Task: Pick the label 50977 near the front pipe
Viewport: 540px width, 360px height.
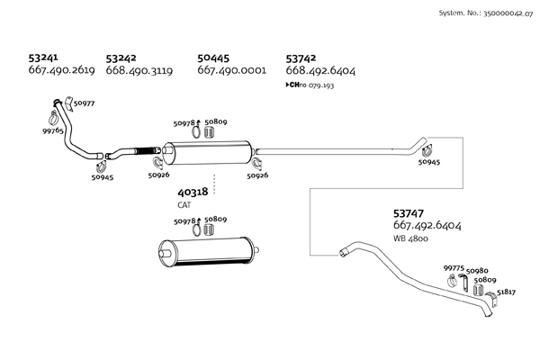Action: click(x=84, y=104)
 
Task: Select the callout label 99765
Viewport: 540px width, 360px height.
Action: click(x=53, y=131)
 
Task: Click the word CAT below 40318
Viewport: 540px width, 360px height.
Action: click(x=184, y=205)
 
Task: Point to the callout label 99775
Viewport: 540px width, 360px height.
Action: click(x=454, y=267)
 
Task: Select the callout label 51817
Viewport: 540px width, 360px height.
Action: click(x=507, y=292)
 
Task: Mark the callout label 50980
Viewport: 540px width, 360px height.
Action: click(x=478, y=270)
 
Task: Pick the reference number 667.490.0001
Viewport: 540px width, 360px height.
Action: click(x=231, y=70)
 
